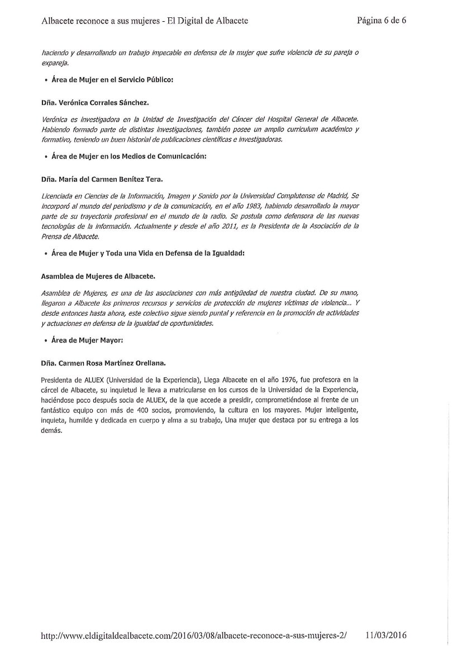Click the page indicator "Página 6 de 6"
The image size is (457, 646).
tap(381, 21)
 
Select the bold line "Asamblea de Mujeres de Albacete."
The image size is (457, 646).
tap(98, 277)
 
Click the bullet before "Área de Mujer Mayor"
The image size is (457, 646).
tap(45, 340)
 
